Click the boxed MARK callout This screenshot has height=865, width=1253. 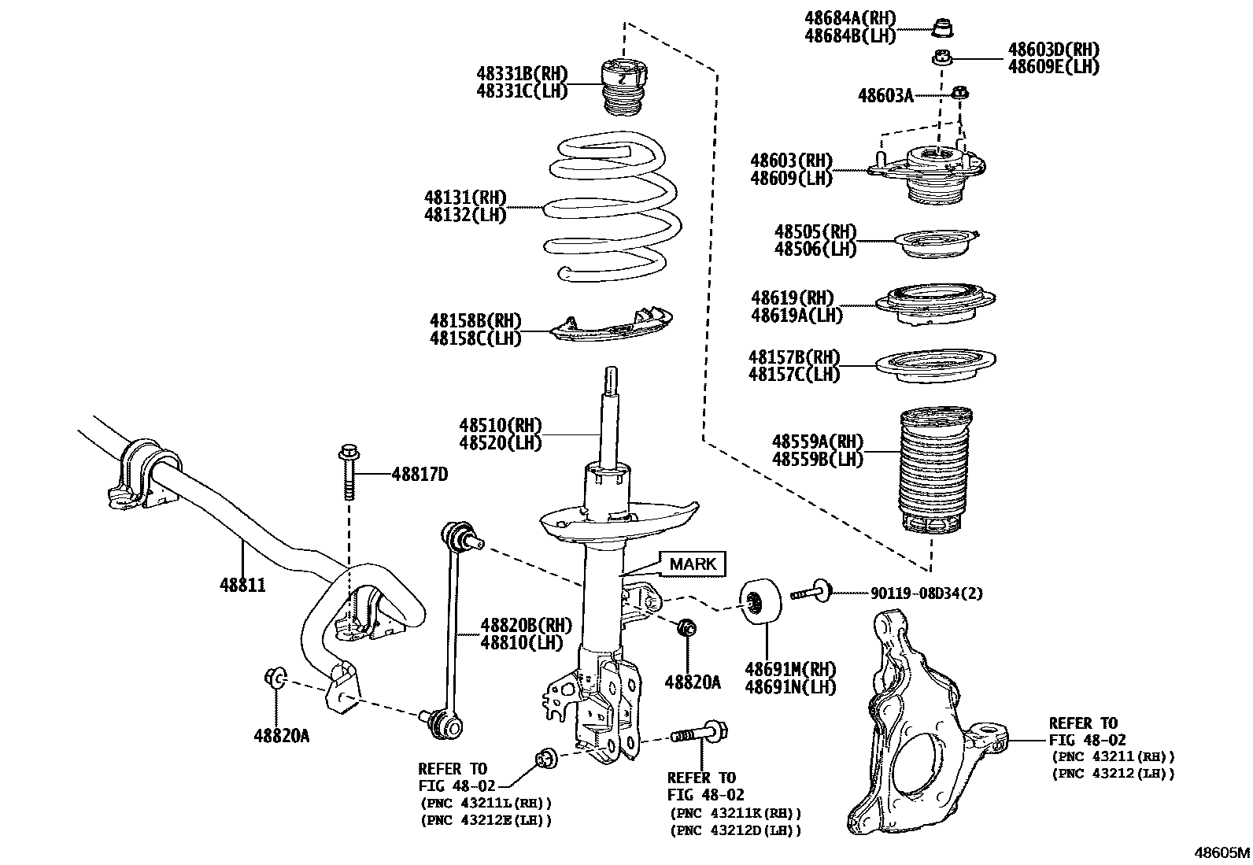[x=693, y=564]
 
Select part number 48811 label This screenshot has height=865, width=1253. [x=242, y=585]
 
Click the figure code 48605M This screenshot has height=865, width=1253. [x=1222, y=852]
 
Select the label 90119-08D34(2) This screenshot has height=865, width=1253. [x=926, y=594]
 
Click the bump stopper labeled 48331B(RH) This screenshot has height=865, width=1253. [x=624, y=86]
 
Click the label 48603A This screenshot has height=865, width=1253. [x=885, y=96]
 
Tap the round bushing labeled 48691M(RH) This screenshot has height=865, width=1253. [x=762, y=602]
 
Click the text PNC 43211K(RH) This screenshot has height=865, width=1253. [x=734, y=814]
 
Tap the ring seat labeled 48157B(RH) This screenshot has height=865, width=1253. [x=936, y=366]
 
